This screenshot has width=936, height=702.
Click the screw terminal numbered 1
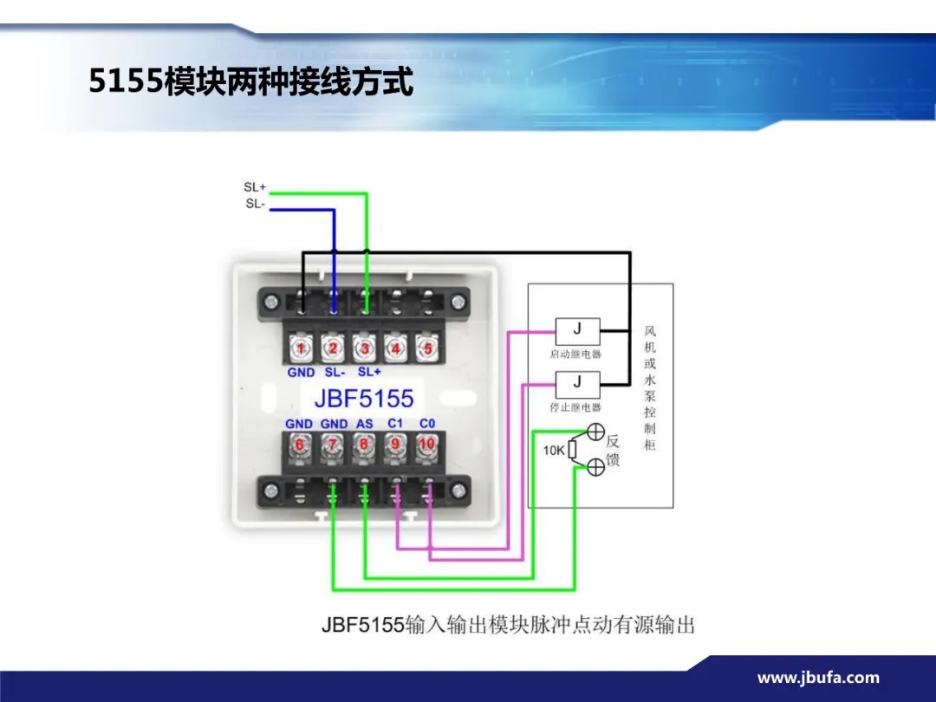[301, 349]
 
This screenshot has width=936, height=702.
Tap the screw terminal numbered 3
[364, 349]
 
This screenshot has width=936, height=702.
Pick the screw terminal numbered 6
[300, 444]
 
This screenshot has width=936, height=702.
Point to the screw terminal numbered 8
[364, 444]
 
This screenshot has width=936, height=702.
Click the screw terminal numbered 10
[426, 444]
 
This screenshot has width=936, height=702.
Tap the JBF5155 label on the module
[363, 398]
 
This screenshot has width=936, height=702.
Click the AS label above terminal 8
[364, 424]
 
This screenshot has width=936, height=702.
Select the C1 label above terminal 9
[395, 424]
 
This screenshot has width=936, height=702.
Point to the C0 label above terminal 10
[426, 424]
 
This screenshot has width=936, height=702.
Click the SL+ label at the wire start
[255, 187]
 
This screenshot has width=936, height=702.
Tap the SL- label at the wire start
[254, 205]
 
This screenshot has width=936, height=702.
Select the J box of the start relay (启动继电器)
[577, 330]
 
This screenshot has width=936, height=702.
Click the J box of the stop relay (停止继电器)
[577, 382]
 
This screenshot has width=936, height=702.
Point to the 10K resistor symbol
[573, 451]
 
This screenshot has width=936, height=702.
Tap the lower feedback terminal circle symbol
[596, 467]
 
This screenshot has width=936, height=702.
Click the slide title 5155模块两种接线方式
[251, 82]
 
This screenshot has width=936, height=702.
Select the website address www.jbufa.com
[818, 679]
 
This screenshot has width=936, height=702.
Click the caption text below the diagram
[508, 624]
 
